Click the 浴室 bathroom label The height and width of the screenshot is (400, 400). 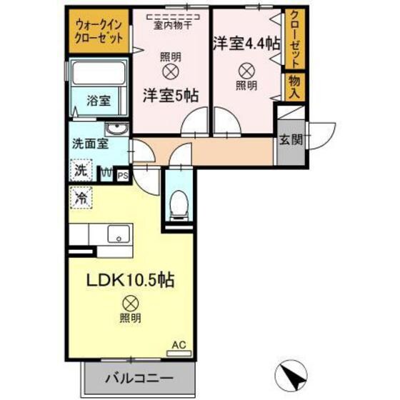coord(99,99)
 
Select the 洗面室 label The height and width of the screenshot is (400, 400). coord(89,143)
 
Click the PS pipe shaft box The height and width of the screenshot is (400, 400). coord(122,173)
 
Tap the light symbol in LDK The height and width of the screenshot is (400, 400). coord(129,303)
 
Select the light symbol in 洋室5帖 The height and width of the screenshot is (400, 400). coord(170,71)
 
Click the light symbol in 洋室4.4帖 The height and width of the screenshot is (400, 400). coord(245,70)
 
